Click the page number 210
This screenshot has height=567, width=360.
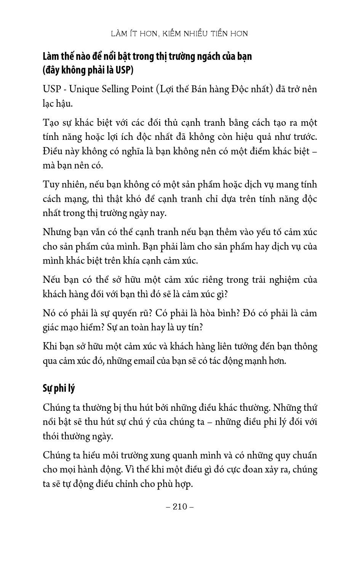[x=180, y=506]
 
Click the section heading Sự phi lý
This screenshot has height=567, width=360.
[x=59, y=388]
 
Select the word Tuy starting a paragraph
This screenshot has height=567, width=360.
[x=50, y=184]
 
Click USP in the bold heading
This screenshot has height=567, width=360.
[x=123, y=70]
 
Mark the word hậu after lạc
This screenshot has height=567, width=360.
[x=64, y=104]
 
